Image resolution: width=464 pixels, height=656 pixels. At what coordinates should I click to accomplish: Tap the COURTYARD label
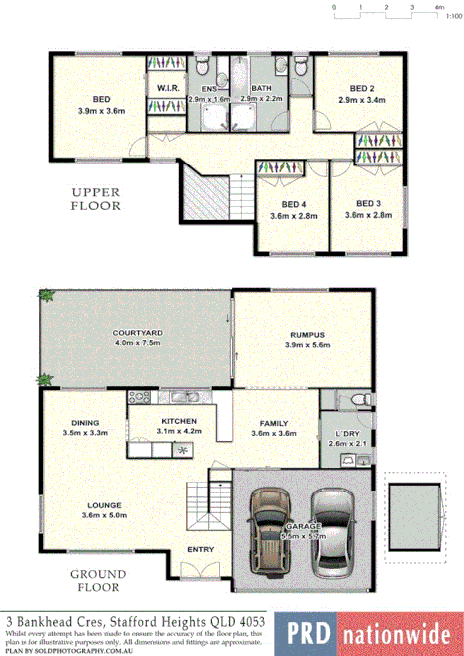click(110, 335)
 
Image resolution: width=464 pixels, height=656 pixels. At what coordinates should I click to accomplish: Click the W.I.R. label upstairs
click(167, 89)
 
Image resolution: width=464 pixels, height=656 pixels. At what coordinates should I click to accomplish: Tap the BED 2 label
click(357, 89)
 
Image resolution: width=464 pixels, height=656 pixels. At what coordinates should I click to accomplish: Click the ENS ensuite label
click(209, 89)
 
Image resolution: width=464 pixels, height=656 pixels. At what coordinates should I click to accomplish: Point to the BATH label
click(262, 89)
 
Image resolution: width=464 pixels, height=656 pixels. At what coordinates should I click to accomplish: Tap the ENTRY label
click(201, 549)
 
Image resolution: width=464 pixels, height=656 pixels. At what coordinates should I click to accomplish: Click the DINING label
click(85, 422)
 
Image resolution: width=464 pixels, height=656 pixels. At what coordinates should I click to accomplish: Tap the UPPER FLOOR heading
click(95, 199)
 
